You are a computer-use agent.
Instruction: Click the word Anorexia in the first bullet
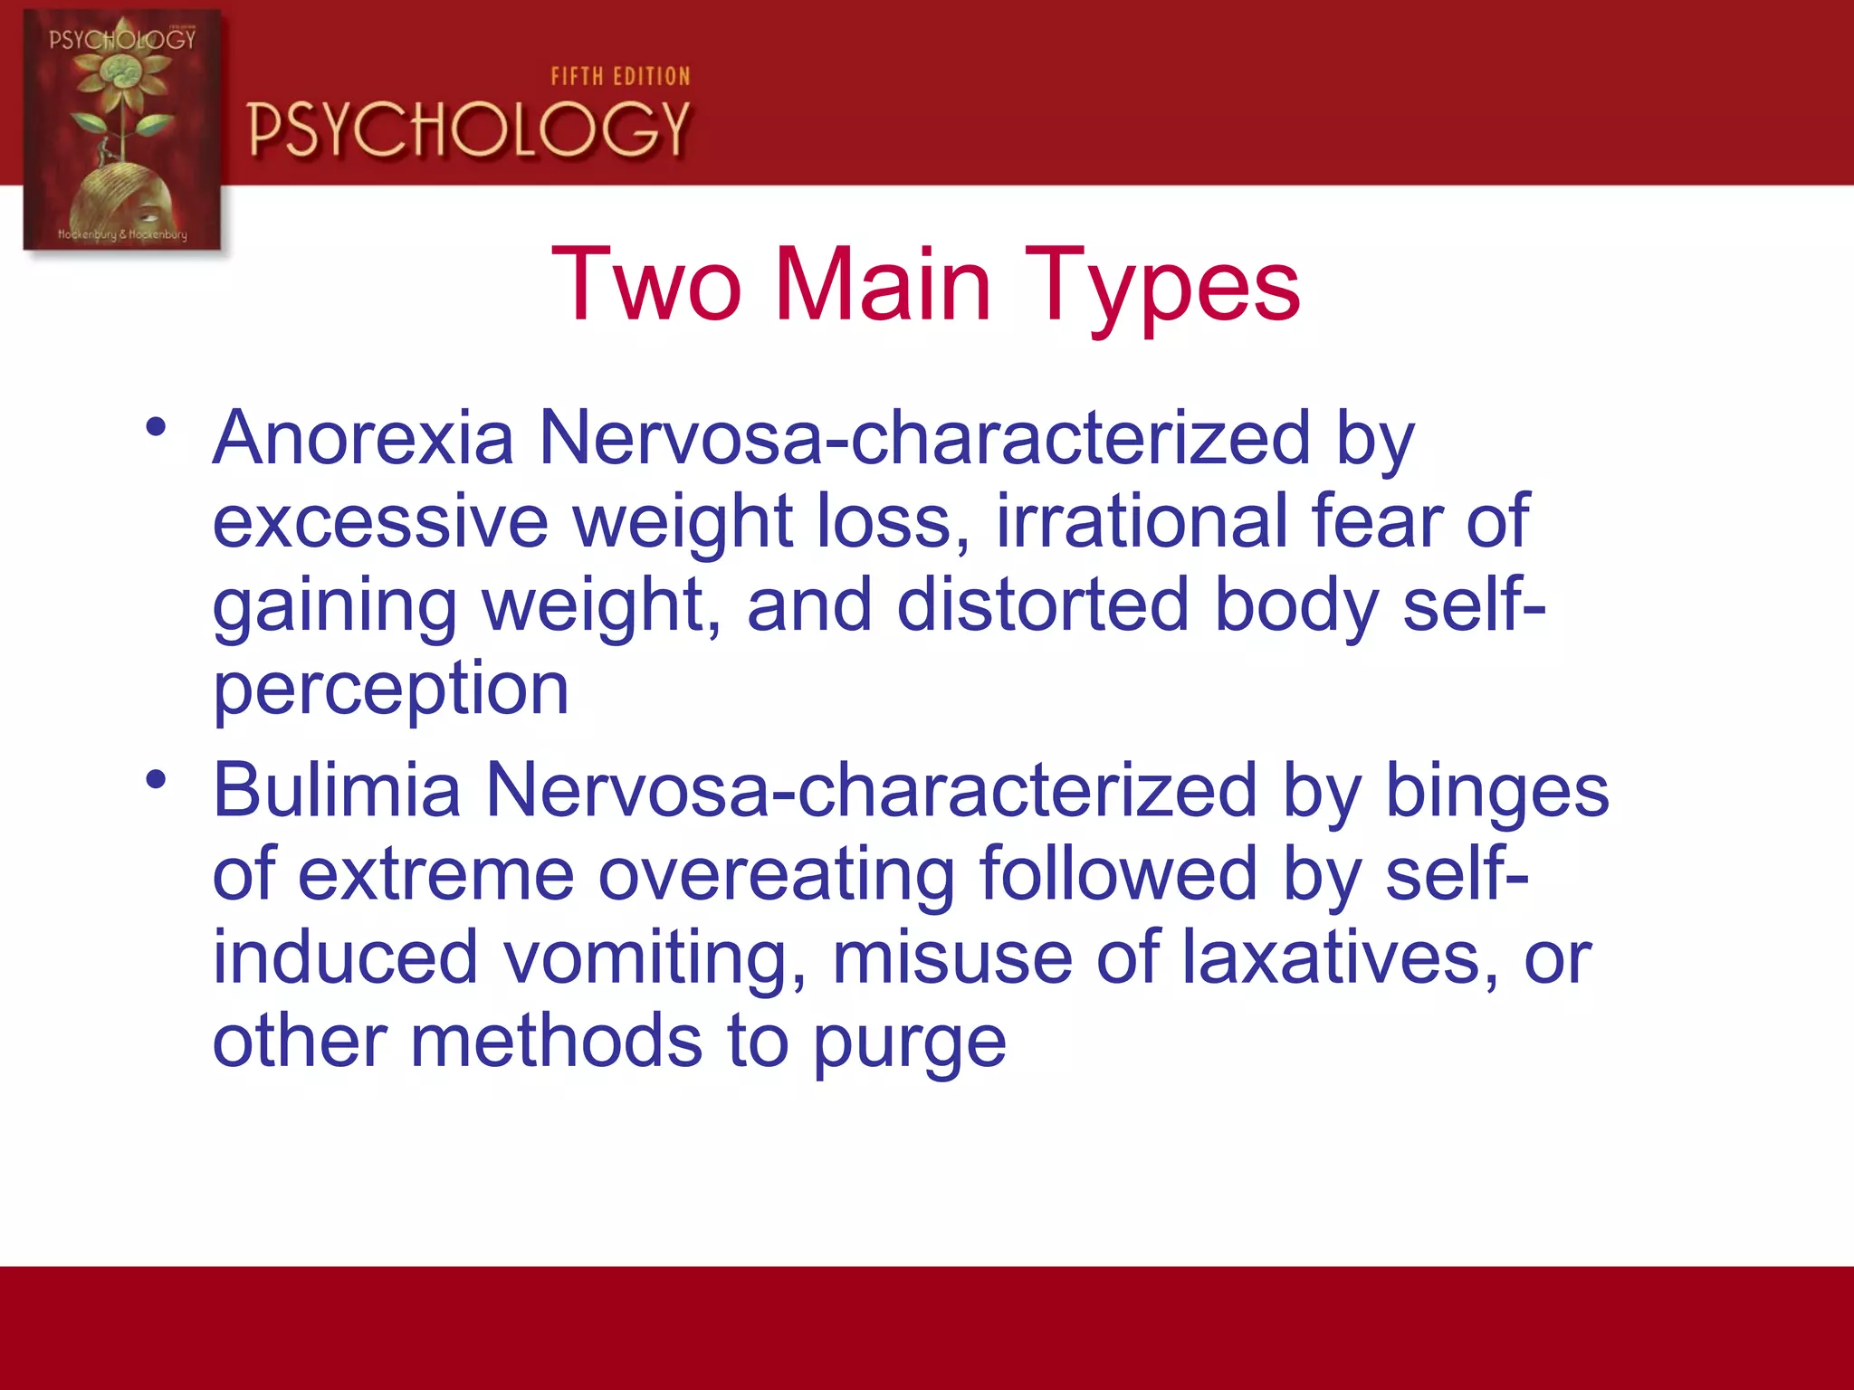[363, 438]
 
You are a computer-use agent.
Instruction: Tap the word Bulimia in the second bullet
[336, 790]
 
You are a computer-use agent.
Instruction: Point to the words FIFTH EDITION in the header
[620, 77]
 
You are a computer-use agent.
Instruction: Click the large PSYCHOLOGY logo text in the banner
[469, 129]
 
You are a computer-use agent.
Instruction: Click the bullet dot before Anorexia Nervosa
[157, 427]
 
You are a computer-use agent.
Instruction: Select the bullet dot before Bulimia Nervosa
[157, 779]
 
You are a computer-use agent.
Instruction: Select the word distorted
[1042, 605]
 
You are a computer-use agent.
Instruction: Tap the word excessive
[380, 521]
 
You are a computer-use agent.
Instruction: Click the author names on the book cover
[122, 234]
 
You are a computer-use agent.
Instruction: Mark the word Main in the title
[883, 285]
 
